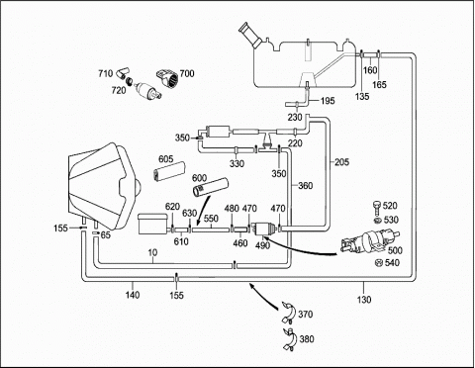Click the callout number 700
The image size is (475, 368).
coord(187,73)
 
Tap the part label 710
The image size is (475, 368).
coord(105,73)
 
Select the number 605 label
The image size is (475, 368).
coord(165,159)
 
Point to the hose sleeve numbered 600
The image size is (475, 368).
coord(211,187)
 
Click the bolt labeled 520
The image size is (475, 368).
coord(377,207)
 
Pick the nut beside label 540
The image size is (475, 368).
coord(379,263)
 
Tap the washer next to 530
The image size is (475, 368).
coord(378,221)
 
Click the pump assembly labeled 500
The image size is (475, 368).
coord(370,241)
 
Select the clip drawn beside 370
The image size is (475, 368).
coord(288,313)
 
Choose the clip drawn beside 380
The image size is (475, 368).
coord(289,339)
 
